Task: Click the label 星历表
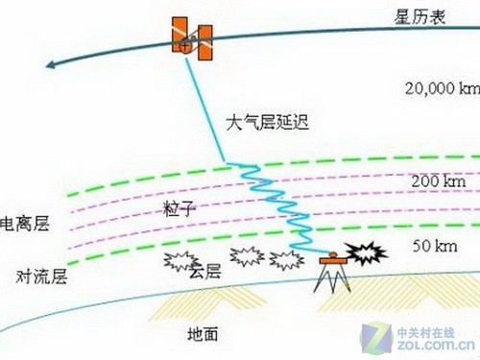420,16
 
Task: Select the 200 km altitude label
438,180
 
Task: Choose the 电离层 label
26,224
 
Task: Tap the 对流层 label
41,277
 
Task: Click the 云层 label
204,273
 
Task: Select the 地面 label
203,334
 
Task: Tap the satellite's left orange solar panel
179,33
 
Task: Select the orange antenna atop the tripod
332,257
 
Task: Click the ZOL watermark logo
426,336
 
